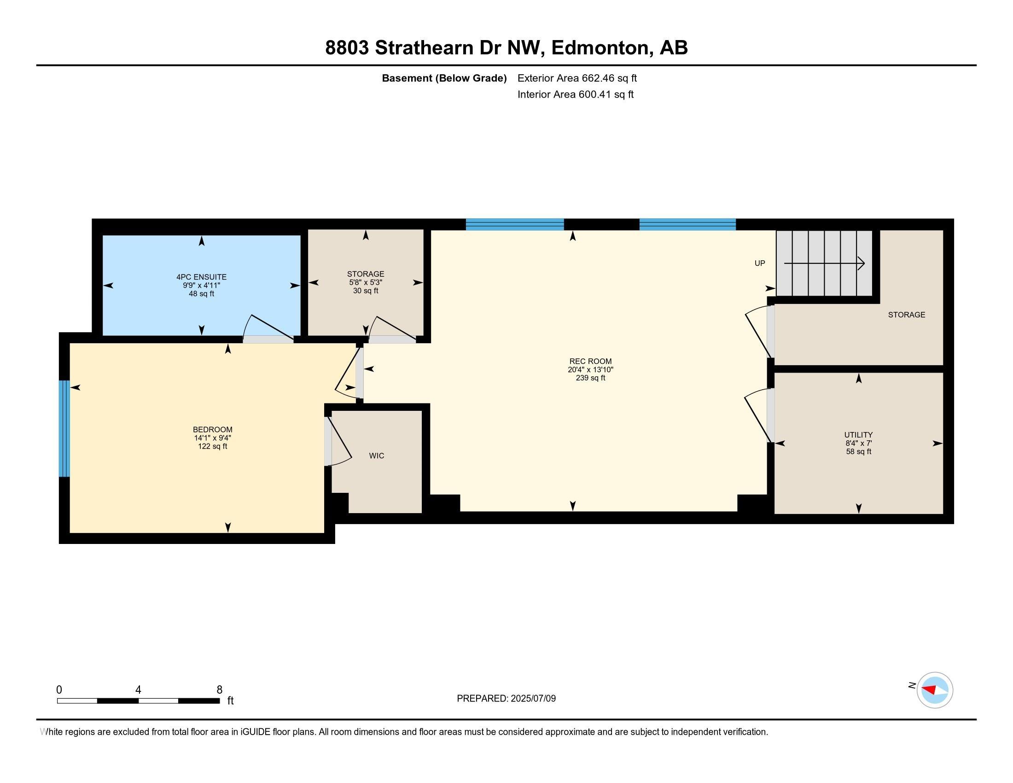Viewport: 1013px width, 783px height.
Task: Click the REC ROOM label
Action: point(590,362)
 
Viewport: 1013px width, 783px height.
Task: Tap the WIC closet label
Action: point(376,456)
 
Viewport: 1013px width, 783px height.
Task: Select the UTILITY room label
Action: point(858,435)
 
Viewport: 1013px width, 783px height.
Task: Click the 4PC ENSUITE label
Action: point(201,277)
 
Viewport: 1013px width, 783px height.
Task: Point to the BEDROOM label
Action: point(212,430)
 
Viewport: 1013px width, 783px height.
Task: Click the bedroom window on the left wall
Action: point(64,429)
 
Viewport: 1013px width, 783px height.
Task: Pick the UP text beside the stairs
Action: point(759,263)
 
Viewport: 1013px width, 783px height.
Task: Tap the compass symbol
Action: point(934,690)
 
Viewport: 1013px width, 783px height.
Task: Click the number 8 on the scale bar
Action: point(219,690)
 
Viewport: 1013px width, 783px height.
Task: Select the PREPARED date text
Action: point(506,699)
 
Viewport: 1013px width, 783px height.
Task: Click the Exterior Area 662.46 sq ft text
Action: point(577,78)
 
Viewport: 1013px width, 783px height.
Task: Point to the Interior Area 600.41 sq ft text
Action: point(575,94)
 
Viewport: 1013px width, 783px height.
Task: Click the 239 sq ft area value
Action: point(590,378)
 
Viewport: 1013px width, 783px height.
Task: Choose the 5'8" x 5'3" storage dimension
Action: point(366,282)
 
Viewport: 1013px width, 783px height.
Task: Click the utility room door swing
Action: point(757,414)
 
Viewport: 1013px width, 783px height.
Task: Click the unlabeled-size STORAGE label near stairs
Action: point(906,315)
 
